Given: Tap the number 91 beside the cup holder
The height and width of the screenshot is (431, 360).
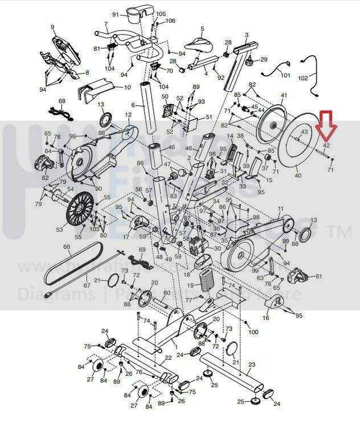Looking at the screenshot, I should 114,14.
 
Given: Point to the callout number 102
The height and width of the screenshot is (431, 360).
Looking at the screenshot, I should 319,77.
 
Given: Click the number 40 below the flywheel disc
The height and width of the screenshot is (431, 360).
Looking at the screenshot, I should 297,176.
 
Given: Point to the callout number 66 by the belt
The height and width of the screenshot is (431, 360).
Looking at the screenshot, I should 66,247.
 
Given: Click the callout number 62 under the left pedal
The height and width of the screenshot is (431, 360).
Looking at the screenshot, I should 45,177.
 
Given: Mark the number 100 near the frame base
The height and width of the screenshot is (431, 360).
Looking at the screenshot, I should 253,331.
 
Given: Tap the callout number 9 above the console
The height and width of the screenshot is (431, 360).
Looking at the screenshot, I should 52,27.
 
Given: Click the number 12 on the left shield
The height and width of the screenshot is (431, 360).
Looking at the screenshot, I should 129,115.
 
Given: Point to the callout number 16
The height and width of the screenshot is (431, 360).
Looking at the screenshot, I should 266,318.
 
